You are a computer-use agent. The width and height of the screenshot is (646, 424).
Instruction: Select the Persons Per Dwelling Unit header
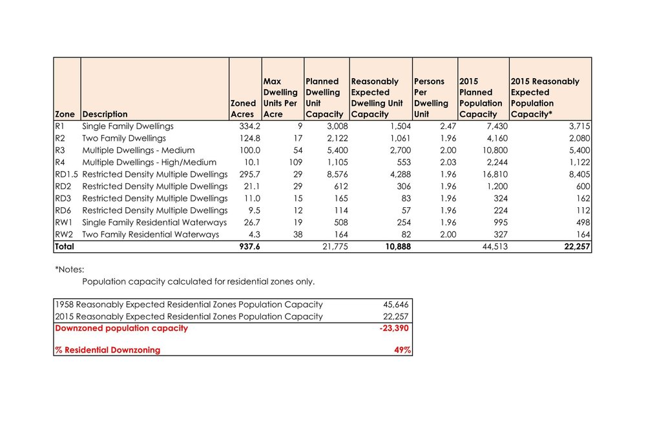(x=430, y=97)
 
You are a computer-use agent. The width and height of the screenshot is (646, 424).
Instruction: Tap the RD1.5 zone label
(x=66, y=174)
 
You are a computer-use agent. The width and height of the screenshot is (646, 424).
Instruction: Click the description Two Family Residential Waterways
(x=151, y=234)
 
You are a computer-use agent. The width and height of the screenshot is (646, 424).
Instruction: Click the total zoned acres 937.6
(x=248, y=247)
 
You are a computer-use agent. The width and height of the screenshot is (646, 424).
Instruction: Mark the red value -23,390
(x=393, y=328)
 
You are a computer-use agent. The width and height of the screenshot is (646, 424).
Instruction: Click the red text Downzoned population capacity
(x=121, y=328)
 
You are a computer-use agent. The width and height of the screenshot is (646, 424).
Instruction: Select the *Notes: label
(x=70, y=269)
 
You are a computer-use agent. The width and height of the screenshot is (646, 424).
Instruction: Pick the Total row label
(x=65, y=247)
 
